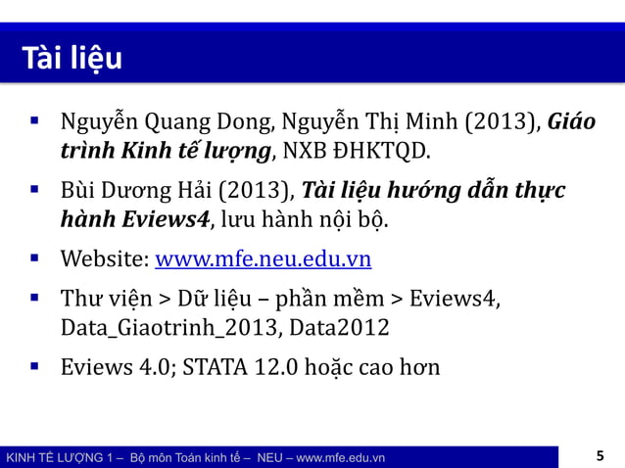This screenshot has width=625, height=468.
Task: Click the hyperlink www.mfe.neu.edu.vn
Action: pos(264,259)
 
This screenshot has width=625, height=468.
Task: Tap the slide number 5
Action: pos(601,455)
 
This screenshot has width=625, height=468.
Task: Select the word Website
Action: pos(101,259)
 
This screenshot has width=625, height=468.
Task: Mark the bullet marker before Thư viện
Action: pos(35,297)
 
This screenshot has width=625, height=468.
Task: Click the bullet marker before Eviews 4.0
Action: pos(35,366)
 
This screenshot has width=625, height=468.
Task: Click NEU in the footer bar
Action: pos(268,457)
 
